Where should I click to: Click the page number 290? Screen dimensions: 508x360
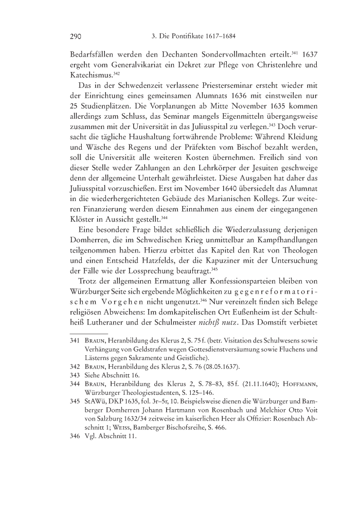(x=76, y=37)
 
